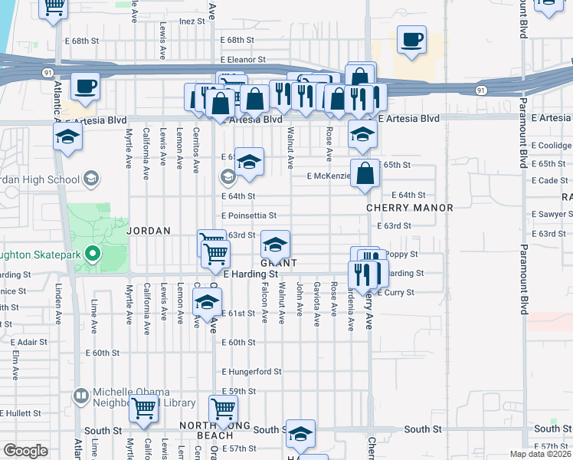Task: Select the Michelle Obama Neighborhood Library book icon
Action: click(x=80, y=396)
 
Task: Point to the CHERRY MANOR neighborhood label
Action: click(x=409, y=208)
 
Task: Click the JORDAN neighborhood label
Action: click(x=146, y=230)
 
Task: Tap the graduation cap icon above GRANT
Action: click(x=275, y=245)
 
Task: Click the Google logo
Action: click(x=25, y=451)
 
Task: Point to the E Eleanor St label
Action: click(x=242, y=59)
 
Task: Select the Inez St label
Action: click(x=193, y=21)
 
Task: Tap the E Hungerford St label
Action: click(x=252, y=372)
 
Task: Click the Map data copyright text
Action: click(x=540, y=454)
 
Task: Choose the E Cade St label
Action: click(x=551, y=180)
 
